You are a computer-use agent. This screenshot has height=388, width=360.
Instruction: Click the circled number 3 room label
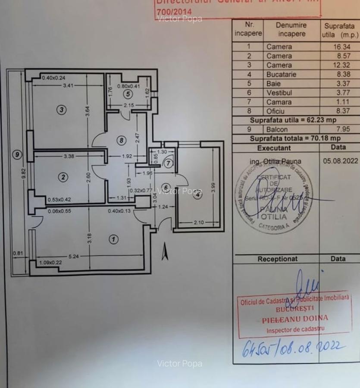pyautogui.click(x=62, y=110)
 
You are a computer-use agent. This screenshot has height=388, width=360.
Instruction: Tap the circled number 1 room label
pyautogui.click(x=113, y=239)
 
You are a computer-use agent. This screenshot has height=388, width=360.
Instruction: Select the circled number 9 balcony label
pyautogui.click(x=17, y=154)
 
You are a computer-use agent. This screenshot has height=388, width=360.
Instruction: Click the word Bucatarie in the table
pyautogui.click(x=281, y=74)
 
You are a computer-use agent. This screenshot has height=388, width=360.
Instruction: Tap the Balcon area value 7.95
pyautogui.click(x=337, y=129)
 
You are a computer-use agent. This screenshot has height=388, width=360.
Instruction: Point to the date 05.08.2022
pyautogui.click(x=340, y=161)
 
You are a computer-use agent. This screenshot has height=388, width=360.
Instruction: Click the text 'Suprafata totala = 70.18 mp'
pyautogui.click(x=295, y=138)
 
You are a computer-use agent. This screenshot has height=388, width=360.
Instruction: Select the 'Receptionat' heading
pyautogui.click(x=277, y=259)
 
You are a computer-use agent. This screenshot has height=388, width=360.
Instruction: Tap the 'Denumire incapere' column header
pyautogui.click(x=291, y=29)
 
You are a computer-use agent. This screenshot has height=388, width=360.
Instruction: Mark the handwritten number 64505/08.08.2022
pyautogui.click(x=293, y=347)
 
